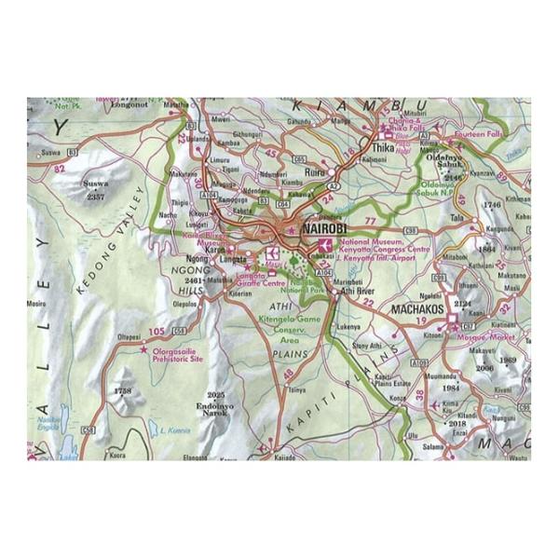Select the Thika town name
click(384, 148)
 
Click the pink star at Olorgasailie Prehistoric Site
click(143, 350)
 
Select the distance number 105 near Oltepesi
click(156, 332)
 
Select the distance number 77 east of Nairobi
click(371, 220)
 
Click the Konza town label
click(395, 397)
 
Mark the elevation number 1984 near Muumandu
click(451, 388)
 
